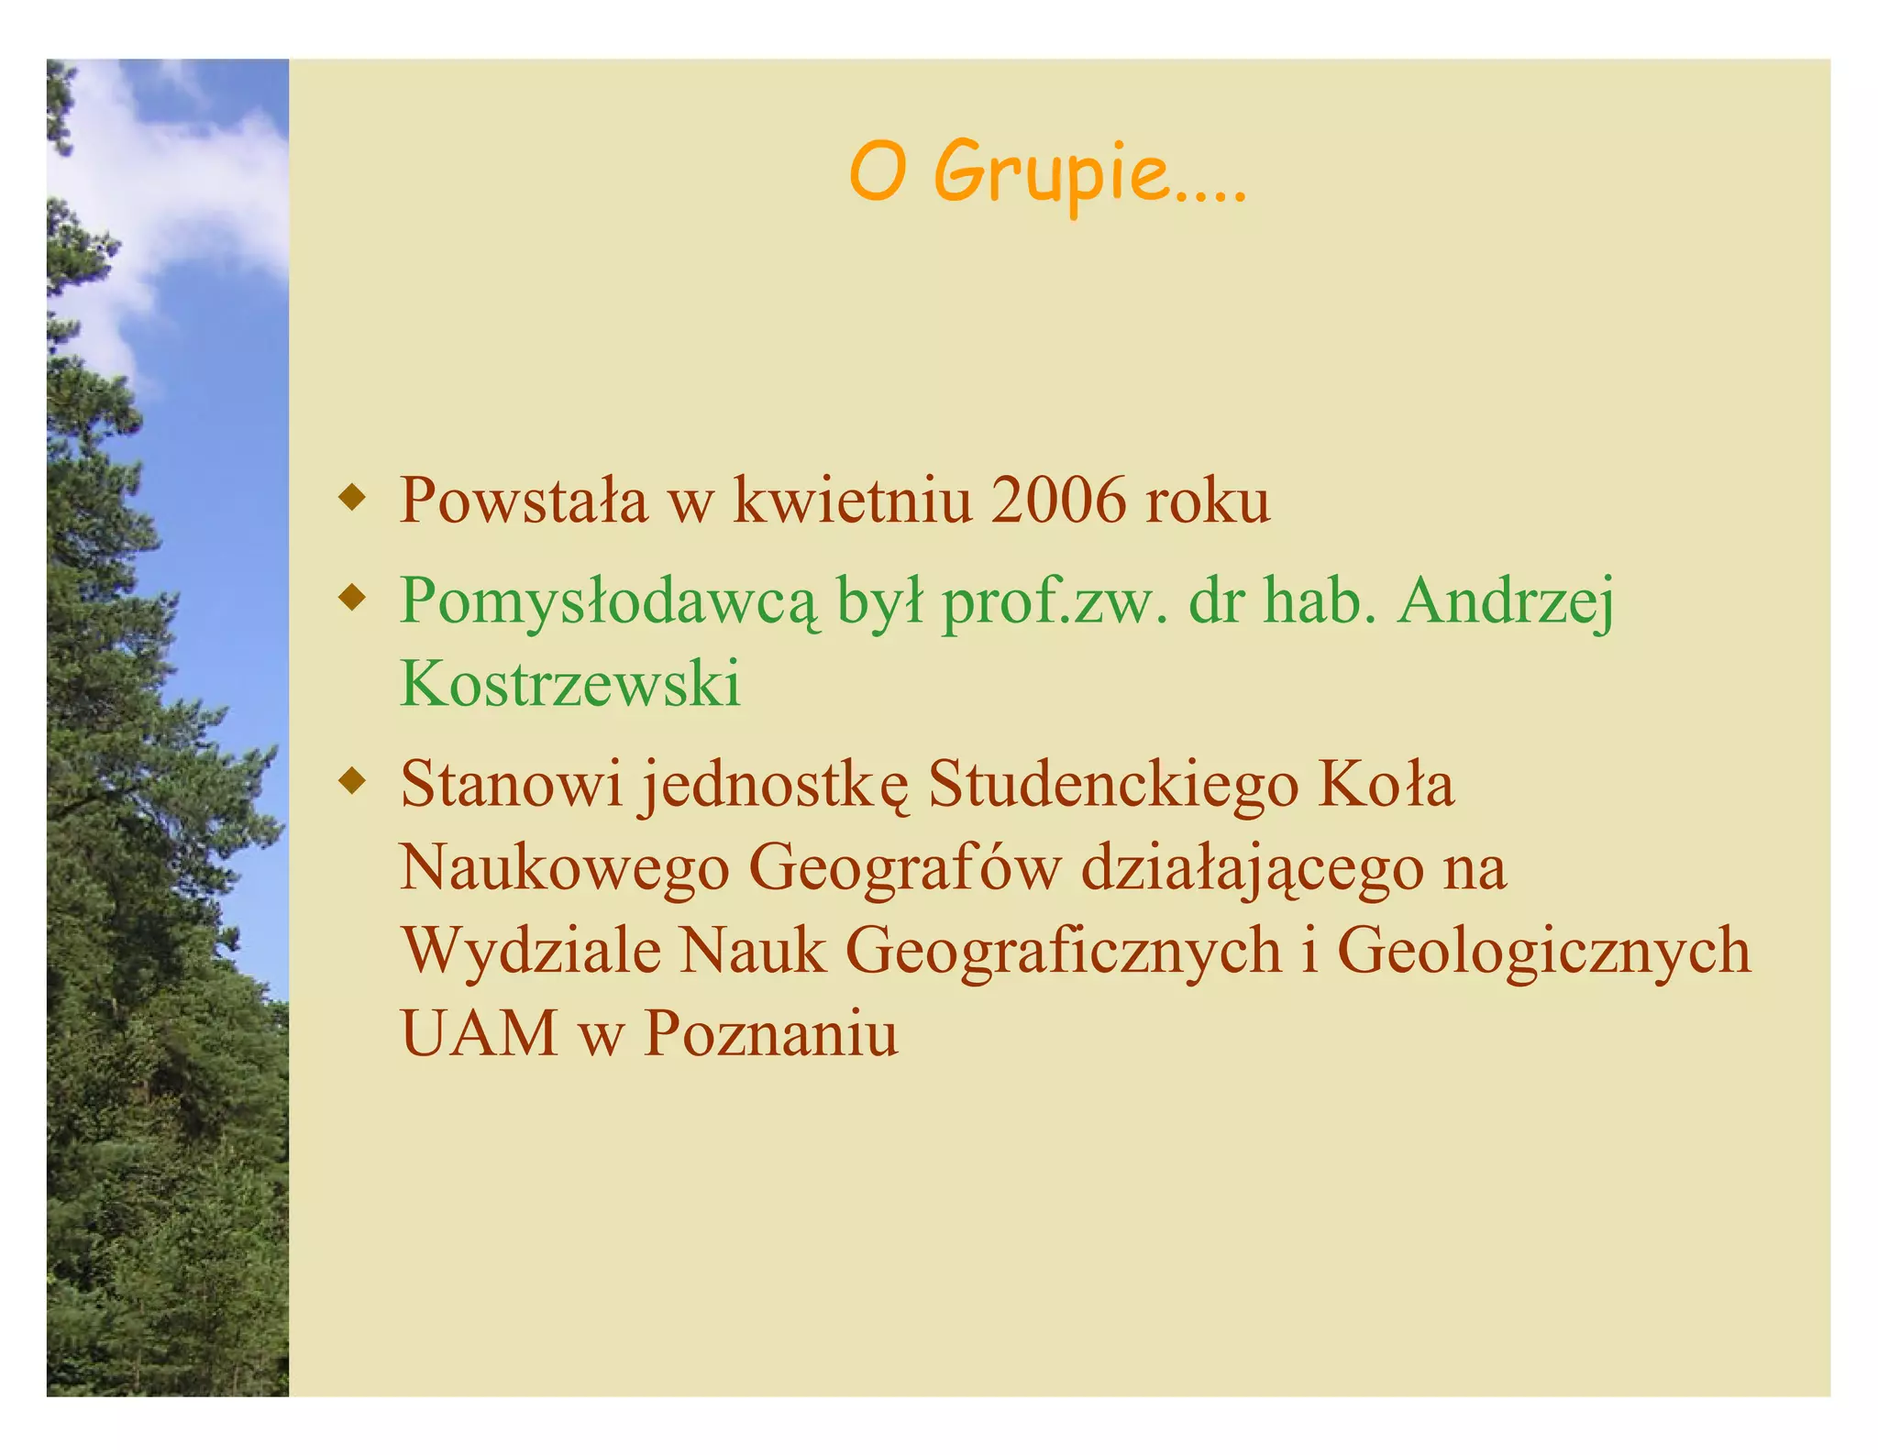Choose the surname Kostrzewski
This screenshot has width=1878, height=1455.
[x=570, y=683]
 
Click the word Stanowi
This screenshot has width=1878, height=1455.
[x=512, y=785]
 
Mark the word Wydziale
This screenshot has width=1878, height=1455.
[x=530, y=950]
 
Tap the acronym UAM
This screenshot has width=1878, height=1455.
[x=480, y=1033]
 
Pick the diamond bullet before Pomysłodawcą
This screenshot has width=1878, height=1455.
[x=352, y=601]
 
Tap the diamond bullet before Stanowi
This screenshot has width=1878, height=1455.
[x=352, y=783]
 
